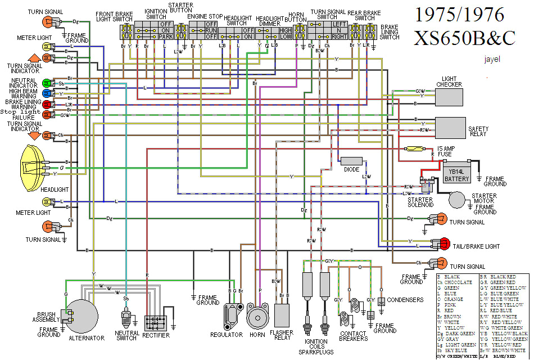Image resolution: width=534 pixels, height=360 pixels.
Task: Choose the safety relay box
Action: click(450, 128)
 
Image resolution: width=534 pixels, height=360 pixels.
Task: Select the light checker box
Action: click(451, 97)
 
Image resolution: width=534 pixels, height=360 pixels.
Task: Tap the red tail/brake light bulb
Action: click(445, 243)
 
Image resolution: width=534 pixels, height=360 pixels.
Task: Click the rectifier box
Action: click(156, 322)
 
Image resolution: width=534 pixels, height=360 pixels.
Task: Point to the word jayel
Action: click(491, 58)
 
